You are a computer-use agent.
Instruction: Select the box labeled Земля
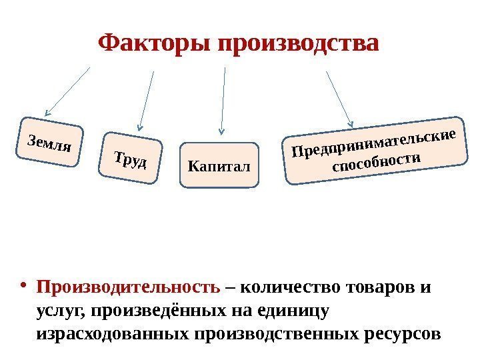pyautogui.click(x=49, y=142)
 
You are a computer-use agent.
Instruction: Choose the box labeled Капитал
pyautogui.click(x=219, y=164)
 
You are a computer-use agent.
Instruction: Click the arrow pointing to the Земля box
pyautogui.click(x=67, y=90)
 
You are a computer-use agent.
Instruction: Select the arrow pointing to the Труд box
pyautogui.click(x=146, y=100)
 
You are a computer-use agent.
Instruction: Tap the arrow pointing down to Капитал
pyautogui.click(x=223, y=100)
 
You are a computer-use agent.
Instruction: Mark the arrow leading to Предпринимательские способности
pyautogui.click(x=340, y=97)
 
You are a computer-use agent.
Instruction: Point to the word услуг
pyautogui.click(x=59, y=311)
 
